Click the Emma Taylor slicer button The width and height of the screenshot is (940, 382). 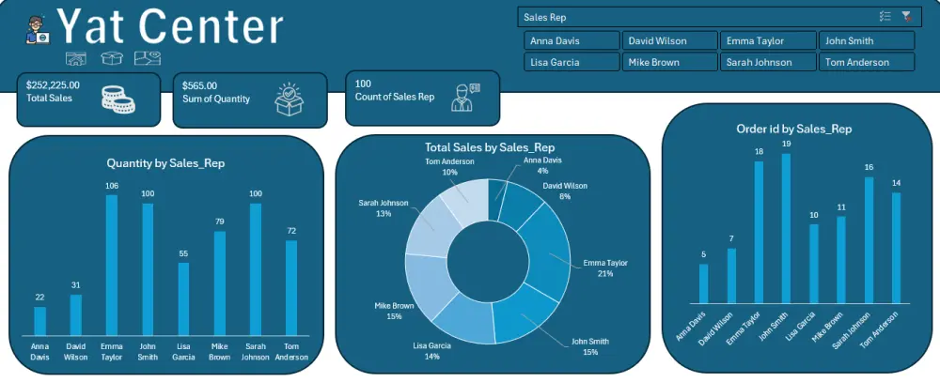pos(767,40)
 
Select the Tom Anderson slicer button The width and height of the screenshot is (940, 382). pos(866,62)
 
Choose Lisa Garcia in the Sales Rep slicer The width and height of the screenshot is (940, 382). pos(572,62)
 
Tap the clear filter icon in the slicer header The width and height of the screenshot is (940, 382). pos(906,17)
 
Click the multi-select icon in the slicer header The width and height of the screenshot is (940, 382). pos(885,17)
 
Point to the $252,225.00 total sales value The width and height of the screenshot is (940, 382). pos(54,84)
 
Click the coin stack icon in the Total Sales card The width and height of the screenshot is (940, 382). pos(117,99)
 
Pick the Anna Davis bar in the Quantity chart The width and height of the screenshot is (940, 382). pos(39,320)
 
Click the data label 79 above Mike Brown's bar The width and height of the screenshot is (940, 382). pos(219,222)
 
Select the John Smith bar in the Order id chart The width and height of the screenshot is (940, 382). pos(786,228)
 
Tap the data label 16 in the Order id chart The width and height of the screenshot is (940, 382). pos(869,168)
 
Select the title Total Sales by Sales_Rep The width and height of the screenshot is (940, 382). pos(489,147)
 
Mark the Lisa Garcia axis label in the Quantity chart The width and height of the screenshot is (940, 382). pos(183,350)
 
